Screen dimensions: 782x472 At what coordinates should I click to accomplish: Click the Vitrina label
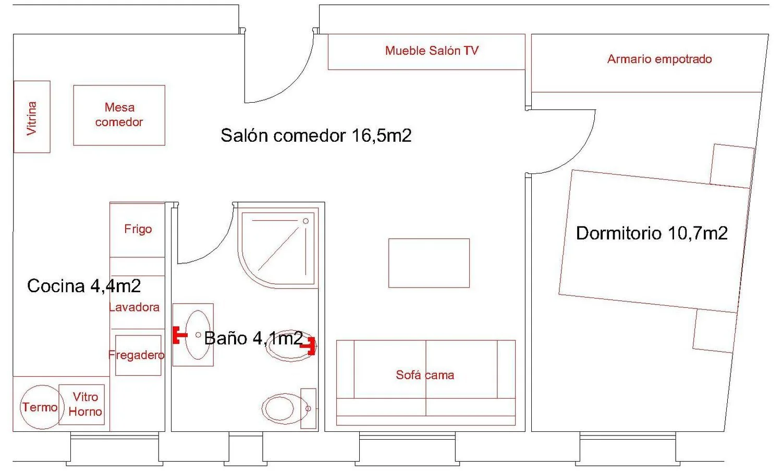coord(31,118)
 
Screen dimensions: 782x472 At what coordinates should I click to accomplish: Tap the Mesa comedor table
coord(119,115)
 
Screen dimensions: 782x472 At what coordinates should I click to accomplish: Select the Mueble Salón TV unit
coord(426,52)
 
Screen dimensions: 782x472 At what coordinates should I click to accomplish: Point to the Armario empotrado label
coord(659,59)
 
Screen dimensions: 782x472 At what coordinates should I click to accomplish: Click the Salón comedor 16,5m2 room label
coord(316,135)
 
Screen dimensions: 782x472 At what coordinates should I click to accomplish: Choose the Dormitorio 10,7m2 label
coord(652,233)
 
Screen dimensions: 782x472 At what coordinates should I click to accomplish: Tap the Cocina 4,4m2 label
coord(84,286)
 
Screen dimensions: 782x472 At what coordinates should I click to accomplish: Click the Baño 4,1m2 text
coord(253,338)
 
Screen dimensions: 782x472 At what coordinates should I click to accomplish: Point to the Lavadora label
coord(134,307)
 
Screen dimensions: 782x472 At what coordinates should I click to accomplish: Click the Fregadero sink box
coord(138,355)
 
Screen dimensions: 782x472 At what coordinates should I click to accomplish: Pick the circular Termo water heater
coord(42,407)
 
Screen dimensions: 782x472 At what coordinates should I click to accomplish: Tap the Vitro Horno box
coord(81,405)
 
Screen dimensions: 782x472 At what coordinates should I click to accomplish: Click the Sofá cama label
coord(425,375)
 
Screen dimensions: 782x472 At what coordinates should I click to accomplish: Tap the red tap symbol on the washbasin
coord(180,336)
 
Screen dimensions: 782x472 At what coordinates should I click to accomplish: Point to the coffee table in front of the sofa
coord(429,263)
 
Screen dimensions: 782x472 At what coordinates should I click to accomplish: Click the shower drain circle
coord(306,221)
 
